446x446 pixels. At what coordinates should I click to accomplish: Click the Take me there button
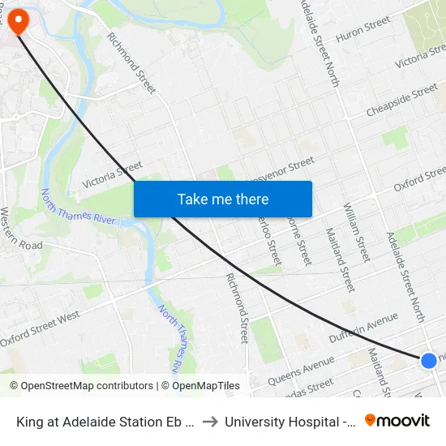coord(222,199)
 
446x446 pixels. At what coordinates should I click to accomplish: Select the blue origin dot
coord(429,360)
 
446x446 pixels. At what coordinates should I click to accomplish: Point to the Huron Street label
coord(363,31)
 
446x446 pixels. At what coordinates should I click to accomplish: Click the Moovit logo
coord(397,420)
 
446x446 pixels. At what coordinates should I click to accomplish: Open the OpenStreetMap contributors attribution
coord(80,386)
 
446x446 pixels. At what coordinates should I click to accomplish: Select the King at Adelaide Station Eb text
coord(105,421)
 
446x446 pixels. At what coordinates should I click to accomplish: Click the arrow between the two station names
coord(209,421)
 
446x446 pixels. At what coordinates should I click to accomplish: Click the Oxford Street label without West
coord(420,178)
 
